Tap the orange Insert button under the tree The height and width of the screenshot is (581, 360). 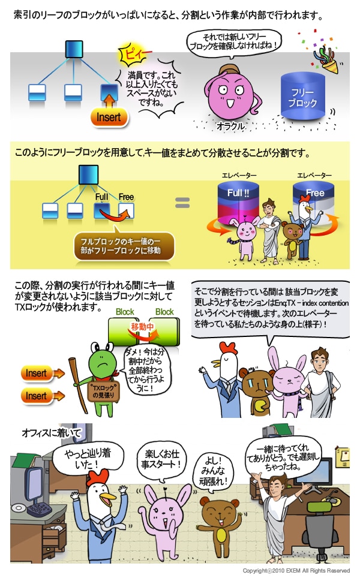pos(110,118)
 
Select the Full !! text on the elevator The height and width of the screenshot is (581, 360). pos(238,194)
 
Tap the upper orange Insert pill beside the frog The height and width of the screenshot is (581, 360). pos(37,374)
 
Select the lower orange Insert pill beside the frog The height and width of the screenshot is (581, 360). pos(37,396)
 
